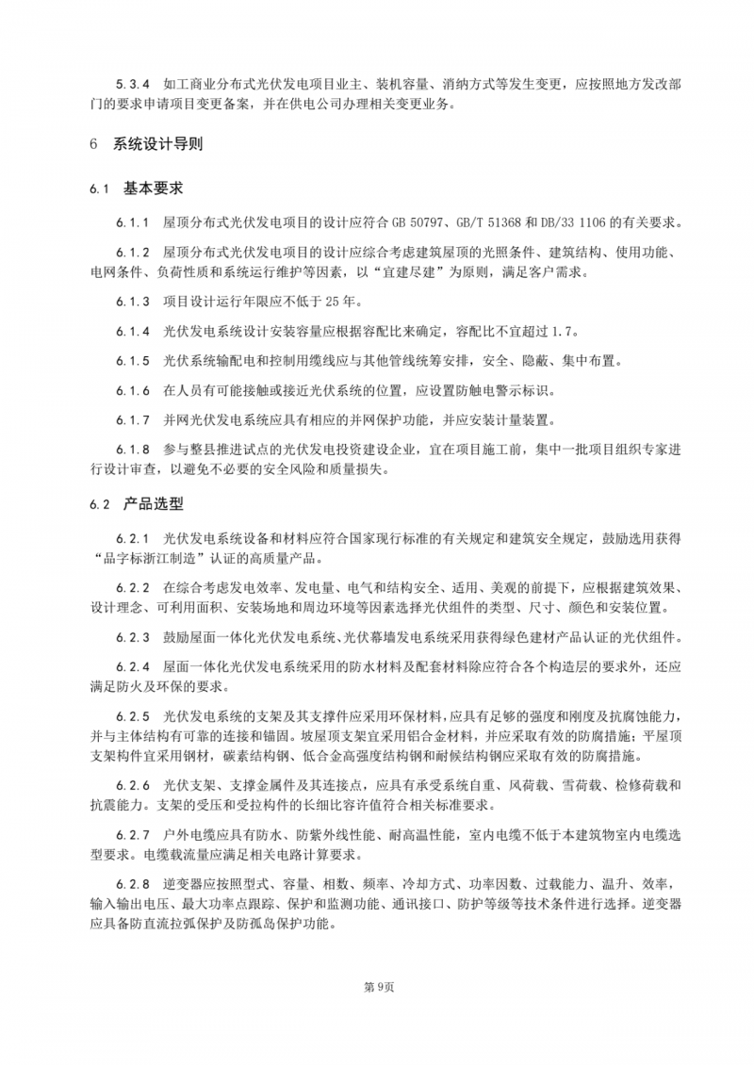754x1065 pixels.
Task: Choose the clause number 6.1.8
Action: pyautogui.click(x=133, y=451)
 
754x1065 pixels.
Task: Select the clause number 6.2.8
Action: pyautogui.click(x=133, y=884)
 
